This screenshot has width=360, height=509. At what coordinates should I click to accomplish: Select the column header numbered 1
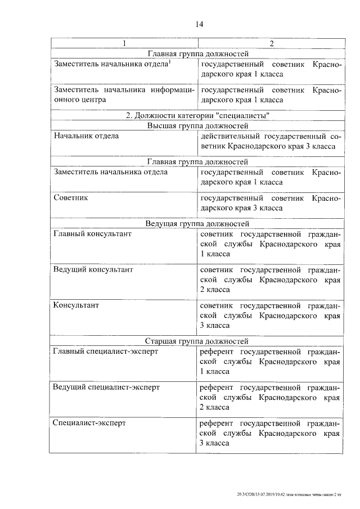coord(124,44)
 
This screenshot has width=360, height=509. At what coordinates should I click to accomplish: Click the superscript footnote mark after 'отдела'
coord(170,62)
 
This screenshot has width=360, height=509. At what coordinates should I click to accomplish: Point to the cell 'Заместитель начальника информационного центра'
coord(124,95)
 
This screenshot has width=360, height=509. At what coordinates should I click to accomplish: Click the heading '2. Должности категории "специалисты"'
coord(197,116)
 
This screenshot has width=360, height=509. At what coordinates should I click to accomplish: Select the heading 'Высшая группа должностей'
coord(197,126)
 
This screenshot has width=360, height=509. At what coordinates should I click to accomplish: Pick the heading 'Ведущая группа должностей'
coord(197,224)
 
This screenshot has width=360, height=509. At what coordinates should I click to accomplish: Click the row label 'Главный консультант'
coord(92,234)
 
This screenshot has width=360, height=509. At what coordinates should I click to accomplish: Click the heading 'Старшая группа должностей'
coord(197,341)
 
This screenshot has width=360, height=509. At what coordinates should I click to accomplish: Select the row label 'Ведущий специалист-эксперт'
coord(106,387)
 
